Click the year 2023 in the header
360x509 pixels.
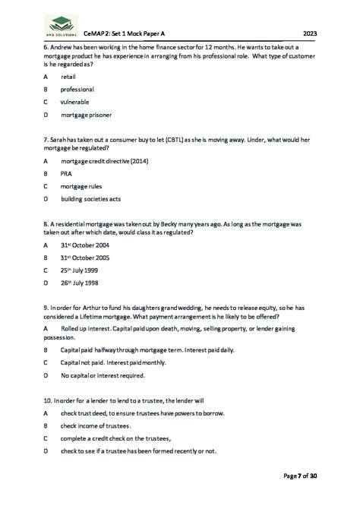[x=310, y=34]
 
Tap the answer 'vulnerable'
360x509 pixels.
[x=74, y=103]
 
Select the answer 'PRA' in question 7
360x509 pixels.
[x=66, y=173]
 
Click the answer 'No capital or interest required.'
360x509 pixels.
[x=102, y=375]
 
